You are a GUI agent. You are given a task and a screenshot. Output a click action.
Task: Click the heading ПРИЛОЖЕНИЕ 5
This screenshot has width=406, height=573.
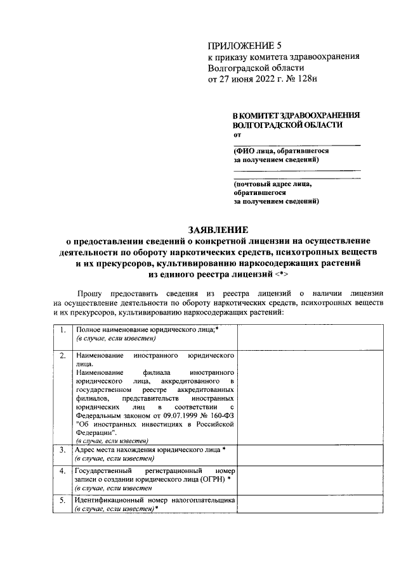[x=244, y=45]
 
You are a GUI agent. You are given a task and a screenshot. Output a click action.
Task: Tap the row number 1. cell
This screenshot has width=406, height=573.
[x=62, y=331]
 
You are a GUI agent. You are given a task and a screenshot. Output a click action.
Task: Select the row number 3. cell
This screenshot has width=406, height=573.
[x=62, y=450]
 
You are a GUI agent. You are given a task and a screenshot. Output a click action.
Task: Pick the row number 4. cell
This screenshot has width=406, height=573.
[x=62, y=471]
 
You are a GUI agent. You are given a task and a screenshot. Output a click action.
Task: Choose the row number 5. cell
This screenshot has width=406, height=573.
[x=62, y=500]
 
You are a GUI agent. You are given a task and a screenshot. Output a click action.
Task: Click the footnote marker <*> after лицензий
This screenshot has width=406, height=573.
[x=284, y=275]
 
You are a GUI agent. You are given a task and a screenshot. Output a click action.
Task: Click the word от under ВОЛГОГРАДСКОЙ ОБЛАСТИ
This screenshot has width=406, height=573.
[x=237, y=135]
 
